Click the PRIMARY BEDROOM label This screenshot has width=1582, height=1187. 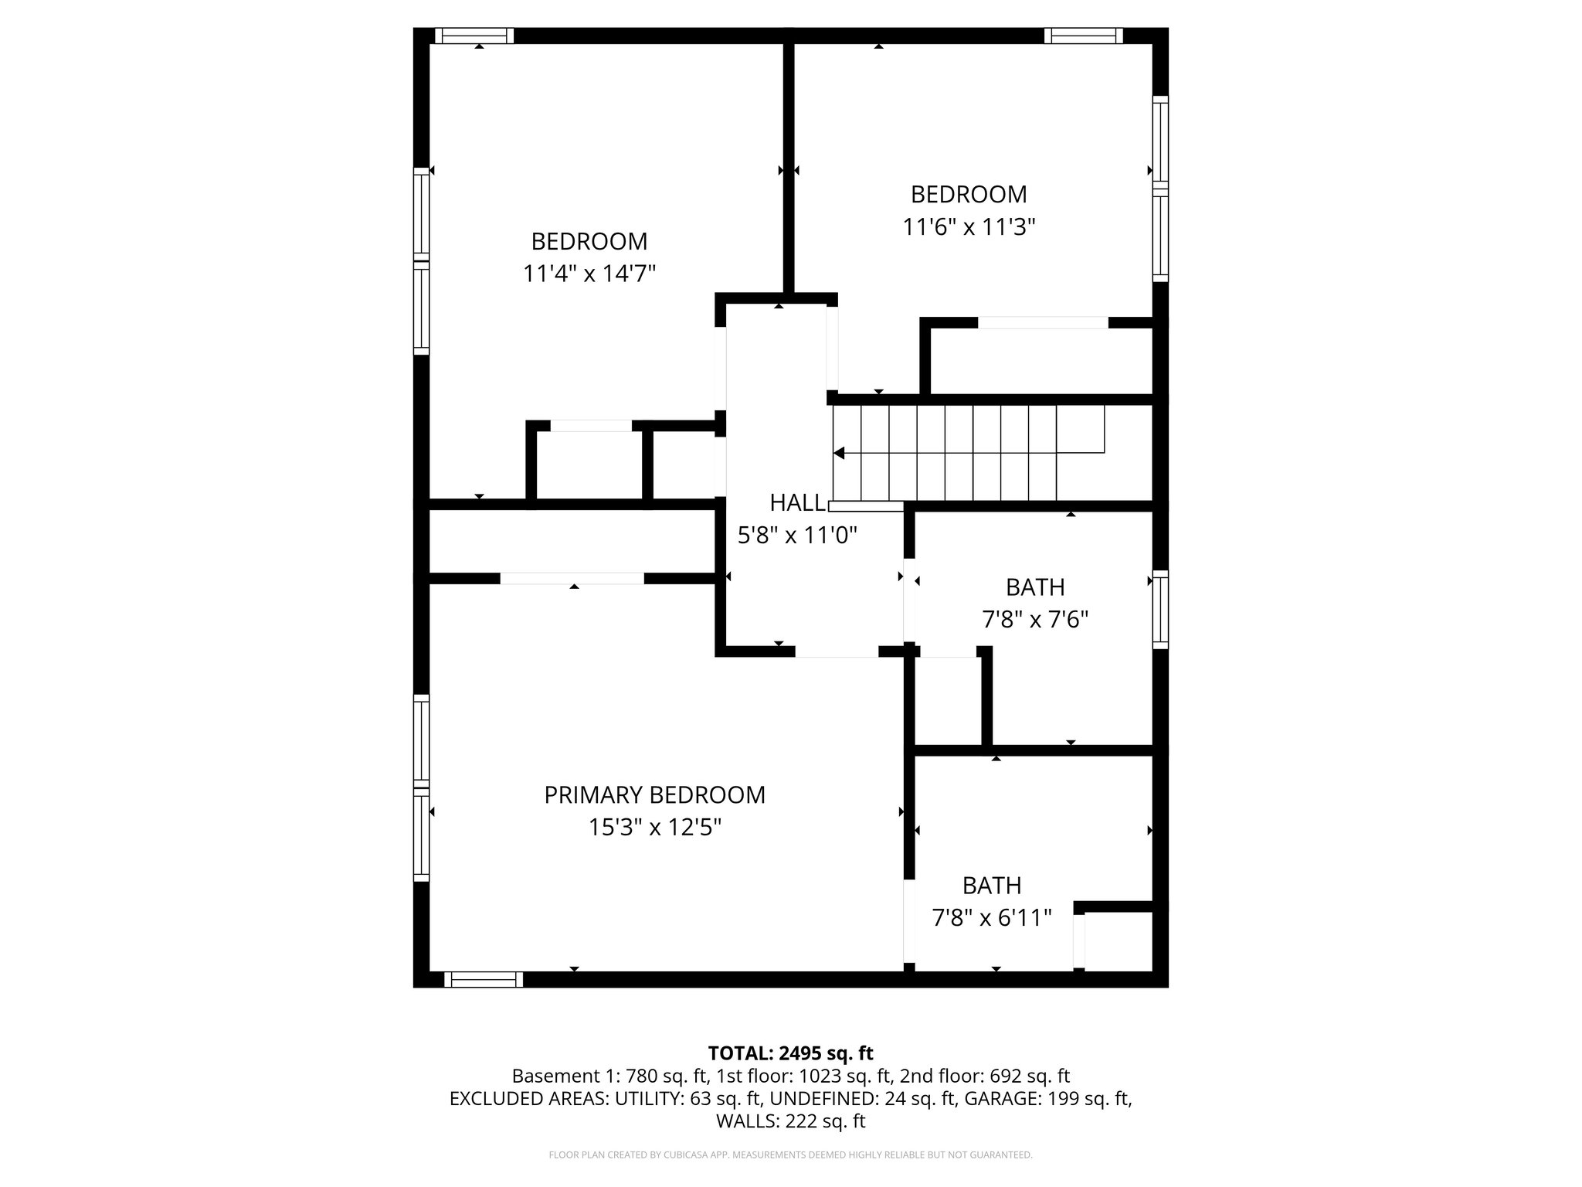pyautogui.click(x=654, y=794)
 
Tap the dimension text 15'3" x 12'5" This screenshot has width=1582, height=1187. pyautogui.click(x=654, y=828)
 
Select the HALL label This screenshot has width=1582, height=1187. pyautogui.click(x=796, y=502)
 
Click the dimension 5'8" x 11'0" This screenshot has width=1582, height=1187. pyautogui.click(x=797, y=535)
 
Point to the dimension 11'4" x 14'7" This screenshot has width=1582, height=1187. pyautogui.click(x=589, y=274)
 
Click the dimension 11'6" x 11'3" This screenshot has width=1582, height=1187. pyautogui.click(x=969, y=226)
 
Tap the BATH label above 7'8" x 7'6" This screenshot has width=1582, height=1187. pyautogui.click(x=1035, y=587)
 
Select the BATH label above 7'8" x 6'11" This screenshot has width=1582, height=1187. pyautogui.click(x=992, y=885)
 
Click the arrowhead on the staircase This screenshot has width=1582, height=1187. pyautogui.click(x=839, y=453)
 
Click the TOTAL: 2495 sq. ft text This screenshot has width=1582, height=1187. pyautogui.click(x=790, y=1053)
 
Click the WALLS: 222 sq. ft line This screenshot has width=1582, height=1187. pyautogui.click(x=790, y=1121)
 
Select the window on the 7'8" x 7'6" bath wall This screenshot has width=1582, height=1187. pyautogui.click(x=1159, y=609)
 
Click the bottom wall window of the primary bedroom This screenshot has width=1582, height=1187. pyautogui.click(x=484, y=979)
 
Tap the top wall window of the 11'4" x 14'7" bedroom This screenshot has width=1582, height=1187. pyautogui.click(x=474, y=36)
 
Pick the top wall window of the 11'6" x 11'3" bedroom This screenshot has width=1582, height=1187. pyautogui.click(x=1083, y=36)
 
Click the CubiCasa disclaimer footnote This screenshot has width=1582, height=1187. pyautogui.click(x=790, y=1155)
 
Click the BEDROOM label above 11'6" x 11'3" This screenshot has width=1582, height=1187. pyautogui.click(x=969, y=193)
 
